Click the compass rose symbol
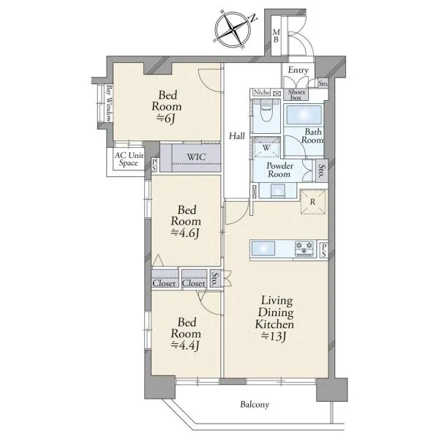pos(233,30)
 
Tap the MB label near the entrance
pos(276,36)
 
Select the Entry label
pos(299,70)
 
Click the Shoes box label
pos(296,94)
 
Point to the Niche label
pos(262,92)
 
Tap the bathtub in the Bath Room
pos(304,115)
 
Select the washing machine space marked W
pos(266,148)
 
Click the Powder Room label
pos(279,170)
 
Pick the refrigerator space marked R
pos(313,202)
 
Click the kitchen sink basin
pos(263,248)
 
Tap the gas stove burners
pos(304,248)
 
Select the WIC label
pos(196,157)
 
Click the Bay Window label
pos(108,103)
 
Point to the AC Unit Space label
pos(129,159)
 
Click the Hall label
pos(237,136)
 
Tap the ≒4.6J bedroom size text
pos(185,233)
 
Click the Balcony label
pos(255,405)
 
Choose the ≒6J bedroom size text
pos(166,119)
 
